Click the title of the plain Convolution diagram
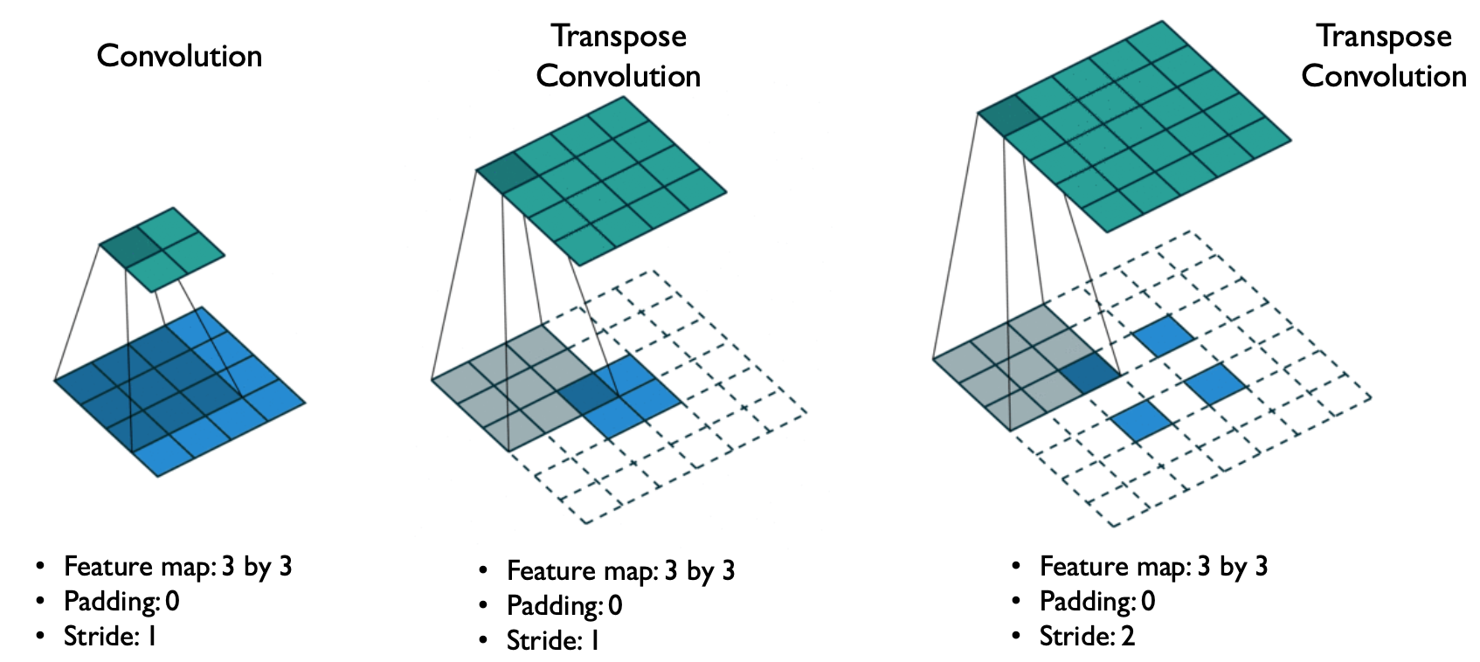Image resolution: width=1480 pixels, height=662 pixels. pyautogui.click(x=179, y=56)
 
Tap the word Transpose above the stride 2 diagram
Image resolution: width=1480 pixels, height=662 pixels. pyautogui.click(x=1384, y=37)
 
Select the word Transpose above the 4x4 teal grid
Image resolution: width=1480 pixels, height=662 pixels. pyautogui.click(x=619, y=37)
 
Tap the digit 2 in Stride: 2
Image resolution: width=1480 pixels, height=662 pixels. pyautogui.click(x=1128, y=637)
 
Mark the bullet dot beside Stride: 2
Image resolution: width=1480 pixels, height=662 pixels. pyautogui.click(x=1015, y=635)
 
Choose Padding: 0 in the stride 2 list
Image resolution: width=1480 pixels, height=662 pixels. pyautogui.click(x=1096, y=602)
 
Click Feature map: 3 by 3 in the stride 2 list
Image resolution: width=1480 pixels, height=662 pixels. pyautogui.click(x=1153, y=567)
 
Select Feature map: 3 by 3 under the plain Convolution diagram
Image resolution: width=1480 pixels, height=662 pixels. pyautogui.click(x=177, y=567)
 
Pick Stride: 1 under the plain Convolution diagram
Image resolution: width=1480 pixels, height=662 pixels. pyautogui.click(x=110, y=637)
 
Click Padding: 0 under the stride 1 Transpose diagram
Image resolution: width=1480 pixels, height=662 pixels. pyautogui.click(x=564, y=606)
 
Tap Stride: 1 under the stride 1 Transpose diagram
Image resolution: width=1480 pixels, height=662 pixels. pyautogui.click(x=553, y=641)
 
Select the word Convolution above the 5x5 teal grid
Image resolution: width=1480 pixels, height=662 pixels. pyautogui.click(x=1384, y=76)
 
